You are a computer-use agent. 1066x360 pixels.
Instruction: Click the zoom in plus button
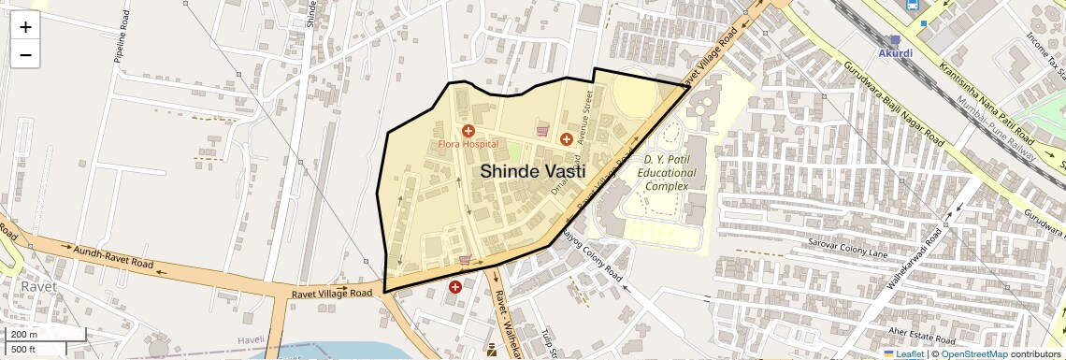(x=25, y=27)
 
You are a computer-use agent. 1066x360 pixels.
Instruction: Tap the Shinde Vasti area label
(x=533, y=172)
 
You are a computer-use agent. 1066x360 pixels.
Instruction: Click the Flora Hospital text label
(x=468, y=145)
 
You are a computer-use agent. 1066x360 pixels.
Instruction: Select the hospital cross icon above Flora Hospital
(x=468, y=131)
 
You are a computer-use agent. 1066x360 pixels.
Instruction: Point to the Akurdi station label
(x=895, y=53)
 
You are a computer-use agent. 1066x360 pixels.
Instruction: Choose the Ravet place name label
(x=39, y=286)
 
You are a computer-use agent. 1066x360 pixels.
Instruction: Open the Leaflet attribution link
(x=903, y=353)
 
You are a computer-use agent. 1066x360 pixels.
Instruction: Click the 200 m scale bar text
(x=25, y=334)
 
